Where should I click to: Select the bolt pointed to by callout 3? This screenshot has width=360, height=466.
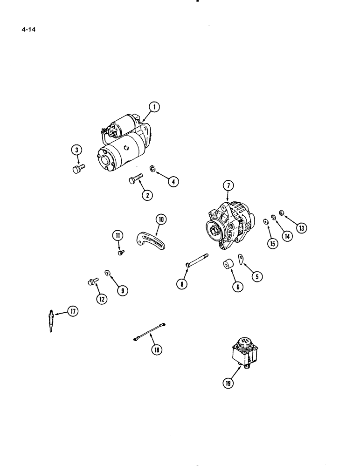(x=77, y=169)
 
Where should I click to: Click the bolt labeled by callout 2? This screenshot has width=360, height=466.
(x=135, y=179)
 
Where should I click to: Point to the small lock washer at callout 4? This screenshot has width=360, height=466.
(x=152, y=168)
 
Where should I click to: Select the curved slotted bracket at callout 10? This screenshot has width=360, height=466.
(x=152, y=238)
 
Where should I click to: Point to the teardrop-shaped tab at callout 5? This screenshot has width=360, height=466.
(x=241, y=259)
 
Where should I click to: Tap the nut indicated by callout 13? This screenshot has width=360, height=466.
(x=282, y=214)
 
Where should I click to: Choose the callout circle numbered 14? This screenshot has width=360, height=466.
(x=286, y=236)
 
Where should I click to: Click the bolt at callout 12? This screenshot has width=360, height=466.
(x=91, y=281)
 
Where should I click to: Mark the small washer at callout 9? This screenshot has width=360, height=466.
(x=107, y=273)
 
